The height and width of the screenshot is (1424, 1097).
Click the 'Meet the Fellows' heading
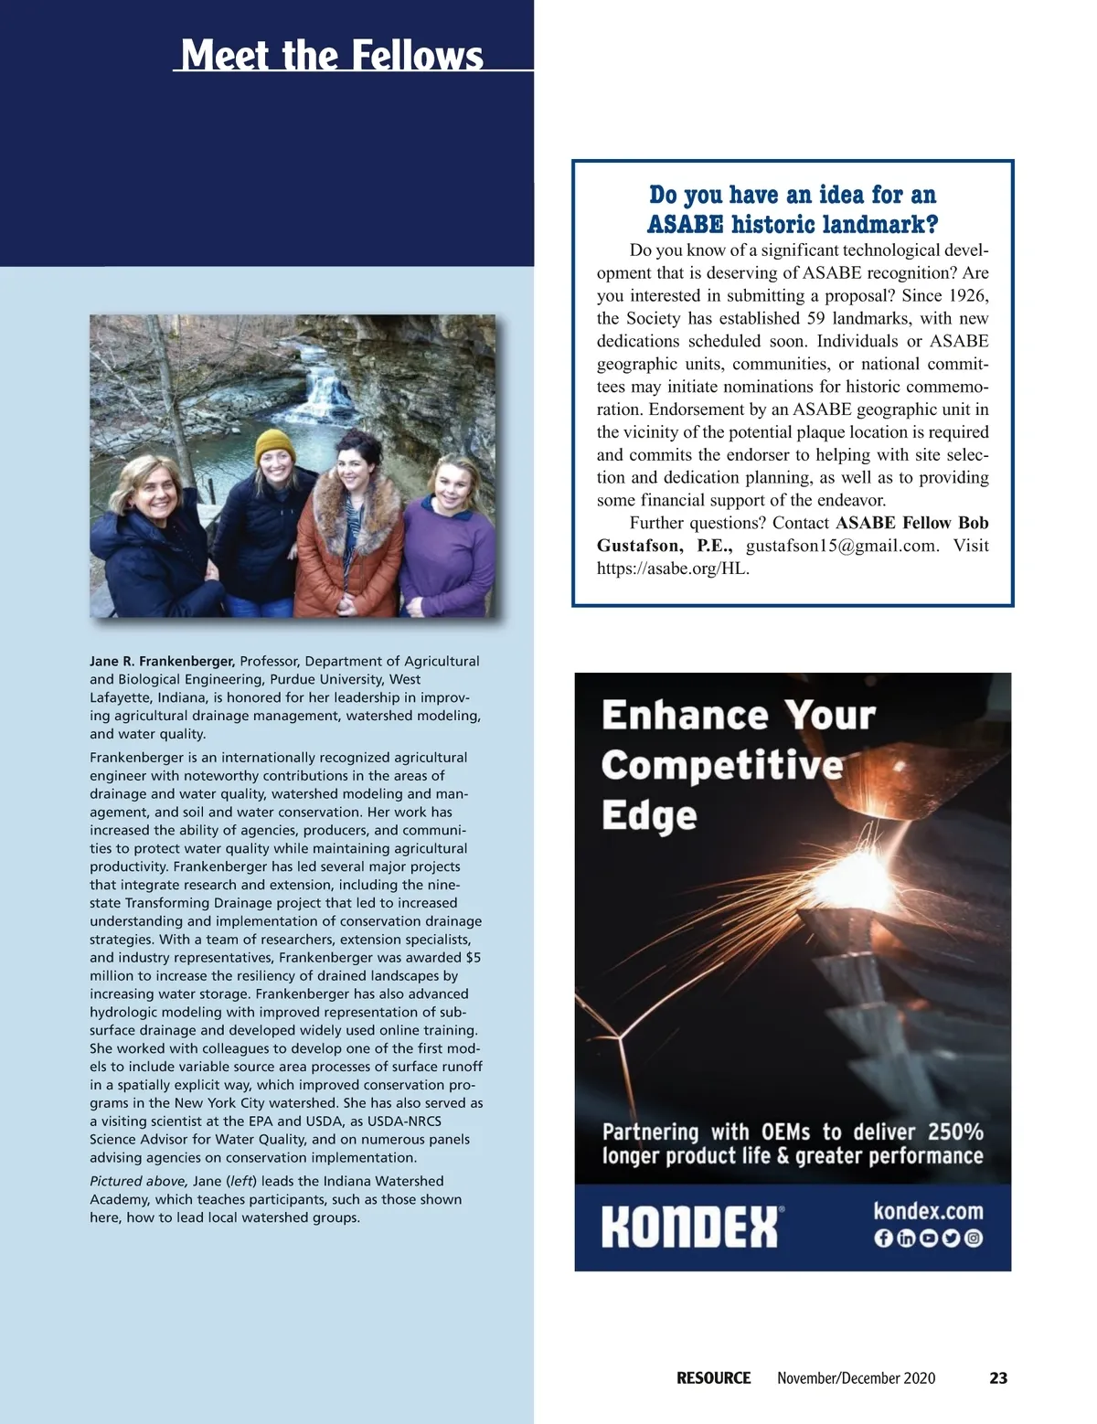click(x=332, y=55)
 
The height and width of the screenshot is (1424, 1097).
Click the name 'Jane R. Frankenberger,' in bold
click(x=163, y=661)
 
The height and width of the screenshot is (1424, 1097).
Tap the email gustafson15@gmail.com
click(x=842, y=546)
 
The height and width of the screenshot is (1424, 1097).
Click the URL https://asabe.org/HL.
click(x=673, y=569)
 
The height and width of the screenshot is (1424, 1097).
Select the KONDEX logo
click(x=690, y=1227)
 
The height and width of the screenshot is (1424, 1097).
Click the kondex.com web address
click(x=928, y=1212)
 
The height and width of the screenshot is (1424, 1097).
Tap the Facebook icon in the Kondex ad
click(x=883, y=1239)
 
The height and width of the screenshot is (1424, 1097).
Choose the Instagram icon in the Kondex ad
click(x=975, y=1239)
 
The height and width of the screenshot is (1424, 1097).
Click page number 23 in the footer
click(x=998, y=1377)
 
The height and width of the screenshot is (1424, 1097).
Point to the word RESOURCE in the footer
click(x=713, y=1377)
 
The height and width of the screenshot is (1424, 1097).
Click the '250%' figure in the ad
click(x=955, y=1132)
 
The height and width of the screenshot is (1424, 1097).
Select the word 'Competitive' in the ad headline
click(x=721, y=766)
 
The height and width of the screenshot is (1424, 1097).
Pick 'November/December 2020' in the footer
click(x=856, y=1377)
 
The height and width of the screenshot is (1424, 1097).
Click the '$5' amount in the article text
click(x=474, y=958)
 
